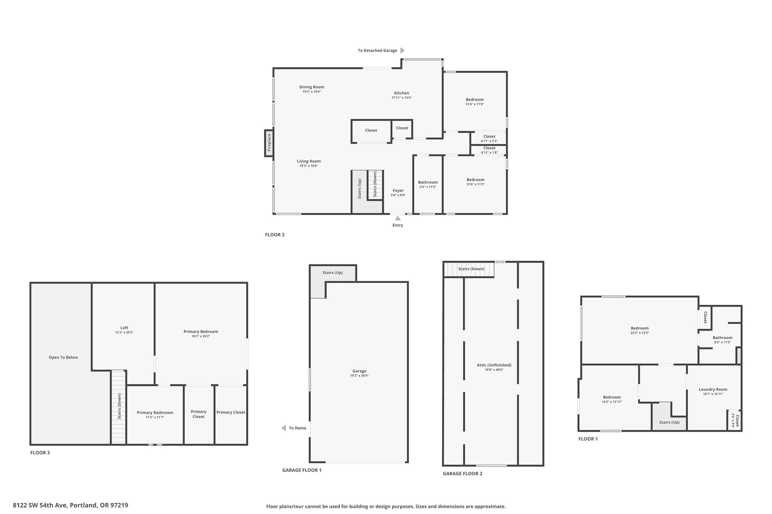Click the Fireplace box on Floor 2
[x=269, y=143]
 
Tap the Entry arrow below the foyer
[x=398, y=218]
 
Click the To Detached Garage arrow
[x=403, y=50]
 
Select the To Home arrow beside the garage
[x=283, y=428]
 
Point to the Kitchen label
[x=402, y=93]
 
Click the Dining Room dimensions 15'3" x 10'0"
[x=312, y=92]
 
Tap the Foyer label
[x=398, y=191]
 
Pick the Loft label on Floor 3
[x=124, y=328]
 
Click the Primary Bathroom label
[x=155, y=413]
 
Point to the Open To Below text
[x=63, y=357]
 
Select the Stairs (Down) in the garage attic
[x=469, y=269]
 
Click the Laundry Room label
[x=713, y=389]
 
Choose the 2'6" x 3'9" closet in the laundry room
[x=734, y=420]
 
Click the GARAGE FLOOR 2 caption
[x=463, y=474]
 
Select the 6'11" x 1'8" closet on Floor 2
[x=489, y=150]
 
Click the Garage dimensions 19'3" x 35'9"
[x=359, y=376]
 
